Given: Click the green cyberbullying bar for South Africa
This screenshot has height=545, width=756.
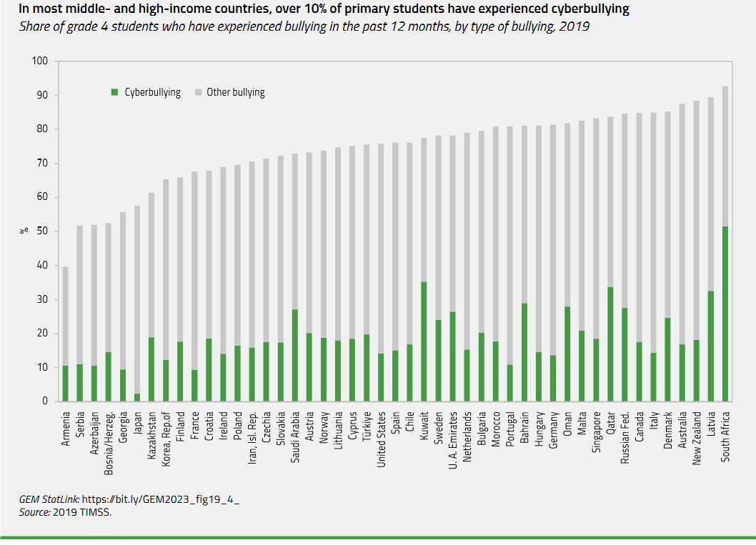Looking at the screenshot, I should tap(725, 314).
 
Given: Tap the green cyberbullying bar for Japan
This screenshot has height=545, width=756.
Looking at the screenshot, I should tap(136, 397).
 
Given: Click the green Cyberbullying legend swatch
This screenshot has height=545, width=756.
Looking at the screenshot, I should tap(114, 92).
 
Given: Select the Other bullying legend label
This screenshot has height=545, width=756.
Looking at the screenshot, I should tap(235, 92).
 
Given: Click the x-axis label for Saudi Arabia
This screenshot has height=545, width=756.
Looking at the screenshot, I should tap(295, 437).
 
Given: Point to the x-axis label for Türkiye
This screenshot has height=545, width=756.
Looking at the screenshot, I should tap(367, 426).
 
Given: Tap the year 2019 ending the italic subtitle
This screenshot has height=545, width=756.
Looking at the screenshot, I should tap(577, 26).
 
